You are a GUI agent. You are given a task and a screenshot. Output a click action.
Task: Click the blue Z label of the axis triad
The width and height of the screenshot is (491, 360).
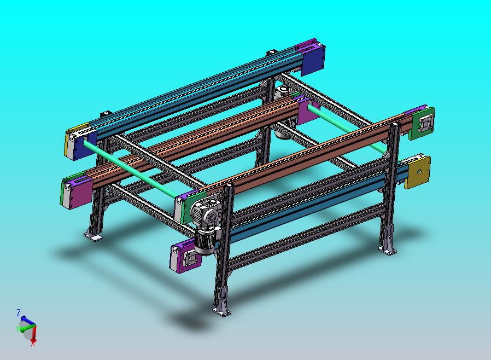pyautogui.click(x=19, y=312)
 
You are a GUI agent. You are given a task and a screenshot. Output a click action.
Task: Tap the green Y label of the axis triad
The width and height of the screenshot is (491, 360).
pyautogui.click(x=17, y=328)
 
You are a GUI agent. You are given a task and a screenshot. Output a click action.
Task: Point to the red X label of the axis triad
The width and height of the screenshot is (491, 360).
pyautogui.click(x=33, y=344)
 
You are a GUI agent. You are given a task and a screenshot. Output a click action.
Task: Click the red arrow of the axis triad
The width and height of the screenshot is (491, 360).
pyautogui.click(x=34, y=333)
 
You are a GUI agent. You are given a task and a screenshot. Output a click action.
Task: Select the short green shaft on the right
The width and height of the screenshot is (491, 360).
pyautogui.click(x=346, y=129)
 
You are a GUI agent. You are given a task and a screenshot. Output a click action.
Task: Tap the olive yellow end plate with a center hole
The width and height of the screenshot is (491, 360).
pyautogui.click(x=417, y=172)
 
